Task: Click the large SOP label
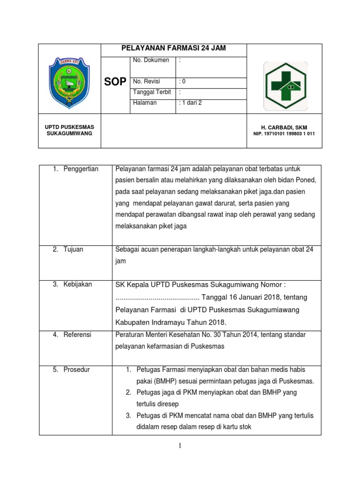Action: click(115, 82)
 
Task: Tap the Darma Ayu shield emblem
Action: click(69, 82)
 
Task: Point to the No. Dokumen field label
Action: click(150, 60)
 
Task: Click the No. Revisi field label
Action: click(147, 81)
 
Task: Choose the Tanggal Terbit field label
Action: click(152, 92)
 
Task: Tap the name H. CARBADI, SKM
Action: click(284, 127)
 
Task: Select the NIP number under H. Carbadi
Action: click(284, 134)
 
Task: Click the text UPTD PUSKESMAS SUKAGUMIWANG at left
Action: click(69, 130)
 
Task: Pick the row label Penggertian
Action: click(81, 169)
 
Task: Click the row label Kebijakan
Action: click(78, 284)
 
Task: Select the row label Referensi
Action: click(78, 335)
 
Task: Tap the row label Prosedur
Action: click(77, 369)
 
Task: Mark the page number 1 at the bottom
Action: click(180, 446)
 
